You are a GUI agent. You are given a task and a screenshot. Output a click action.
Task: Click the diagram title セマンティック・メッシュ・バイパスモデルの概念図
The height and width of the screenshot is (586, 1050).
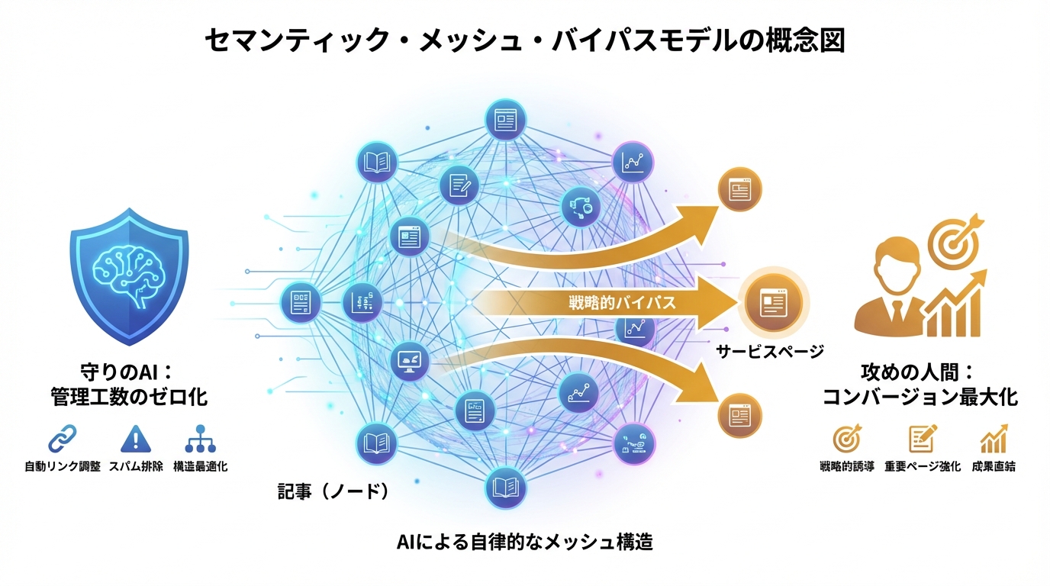pos(525,40)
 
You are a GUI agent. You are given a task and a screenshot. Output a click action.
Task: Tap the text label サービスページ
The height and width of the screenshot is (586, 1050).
pos(770,352)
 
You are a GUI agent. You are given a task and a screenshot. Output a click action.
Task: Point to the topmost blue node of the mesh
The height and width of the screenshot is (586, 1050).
pos(505,120)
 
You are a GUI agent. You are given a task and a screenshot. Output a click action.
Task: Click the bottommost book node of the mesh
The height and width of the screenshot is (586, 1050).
pos(505,486)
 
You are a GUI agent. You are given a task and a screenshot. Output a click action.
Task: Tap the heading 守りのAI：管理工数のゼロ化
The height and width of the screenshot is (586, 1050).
pos(128,385)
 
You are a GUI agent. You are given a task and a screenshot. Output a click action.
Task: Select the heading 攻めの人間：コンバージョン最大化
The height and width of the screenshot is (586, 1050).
pos(920,385)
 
